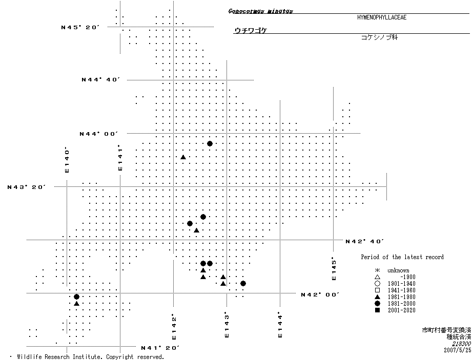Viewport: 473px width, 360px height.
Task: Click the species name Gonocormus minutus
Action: click(260, 11)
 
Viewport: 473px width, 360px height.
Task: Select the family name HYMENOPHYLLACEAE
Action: click(382, 17)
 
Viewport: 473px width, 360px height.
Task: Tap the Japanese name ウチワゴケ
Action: click(251, 30)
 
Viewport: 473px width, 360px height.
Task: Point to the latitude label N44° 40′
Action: click(100, 79)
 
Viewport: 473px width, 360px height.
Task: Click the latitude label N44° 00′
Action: click(98, 134)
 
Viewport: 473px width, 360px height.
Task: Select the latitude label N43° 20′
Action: click(27, 187)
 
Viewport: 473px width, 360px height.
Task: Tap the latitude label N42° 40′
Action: click(365, 241)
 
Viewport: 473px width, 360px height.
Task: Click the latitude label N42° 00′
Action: click(320, 294)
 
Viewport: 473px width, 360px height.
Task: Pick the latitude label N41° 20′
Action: click(160, 348)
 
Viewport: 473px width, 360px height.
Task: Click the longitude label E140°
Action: click(67, 160)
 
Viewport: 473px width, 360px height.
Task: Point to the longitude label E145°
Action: click(334, 268)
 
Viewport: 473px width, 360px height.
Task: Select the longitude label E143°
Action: click(226, 325)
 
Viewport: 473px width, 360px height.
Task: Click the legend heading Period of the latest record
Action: click(402, 257)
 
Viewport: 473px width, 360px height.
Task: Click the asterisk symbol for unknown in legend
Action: click(377, 270)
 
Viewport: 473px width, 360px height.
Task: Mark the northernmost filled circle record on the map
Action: click(210, 143)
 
